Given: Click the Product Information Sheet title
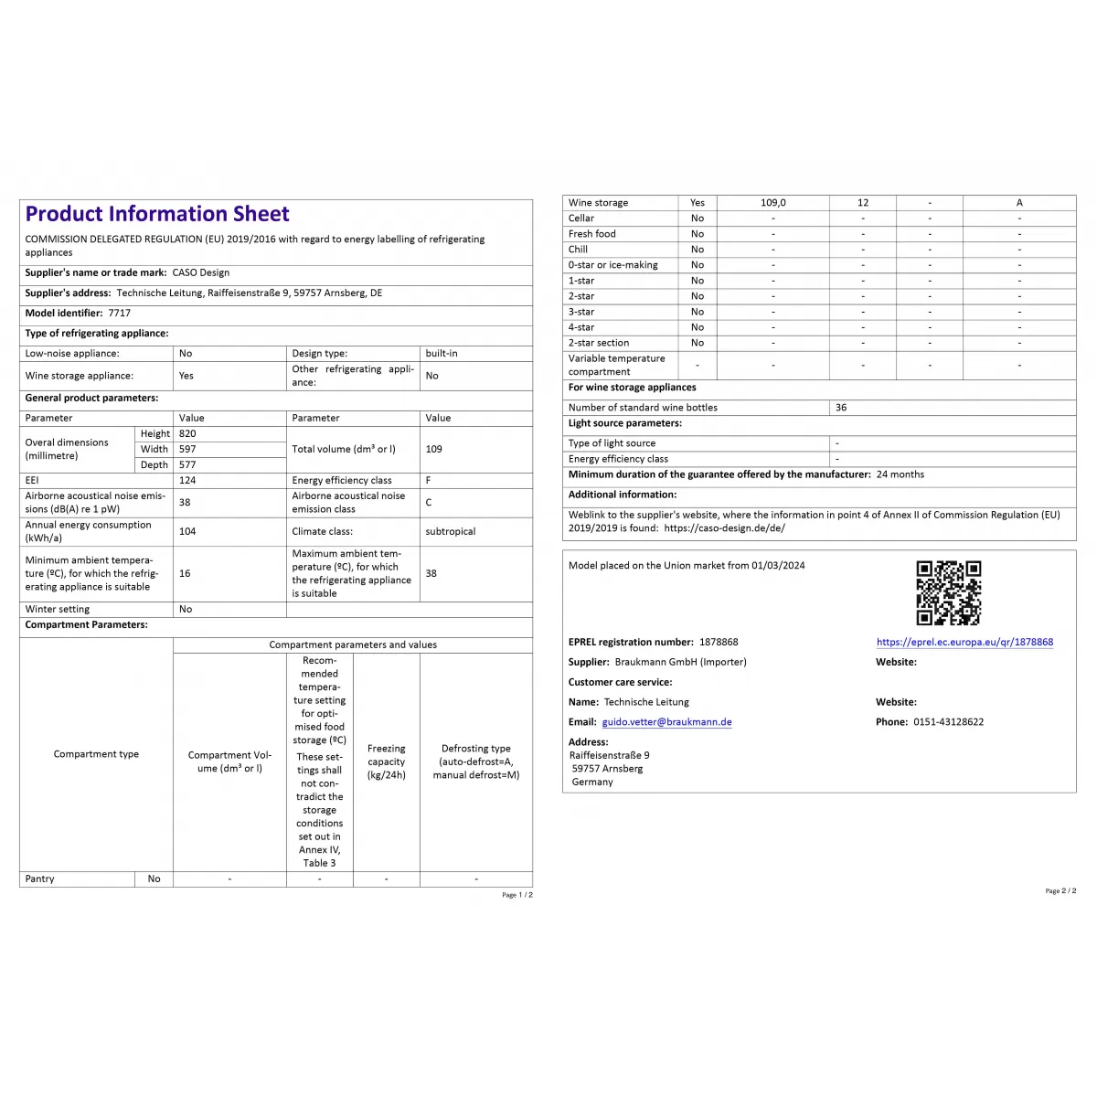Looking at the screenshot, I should coord(157,214).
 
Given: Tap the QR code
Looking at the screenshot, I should coord(949,592).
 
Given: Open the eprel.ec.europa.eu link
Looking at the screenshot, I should coord(964,643).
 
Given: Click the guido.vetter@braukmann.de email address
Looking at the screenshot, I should coord(666,722).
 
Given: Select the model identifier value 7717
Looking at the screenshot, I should coord(120,313).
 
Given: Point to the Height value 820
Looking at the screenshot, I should coord(187,434).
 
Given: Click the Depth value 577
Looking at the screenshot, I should coord(187,465).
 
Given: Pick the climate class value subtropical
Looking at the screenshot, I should coord(450,531).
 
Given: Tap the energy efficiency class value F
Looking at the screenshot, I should coord(429,480).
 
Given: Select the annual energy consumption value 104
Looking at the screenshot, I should coord(187,531).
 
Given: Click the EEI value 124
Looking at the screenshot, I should coord(187,480).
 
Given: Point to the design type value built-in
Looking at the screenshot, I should coord(442,353).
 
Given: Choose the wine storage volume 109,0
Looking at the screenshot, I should coord(772,203).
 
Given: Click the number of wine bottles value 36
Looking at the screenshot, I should coord(841,408).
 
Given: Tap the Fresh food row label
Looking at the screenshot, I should coord(592,234).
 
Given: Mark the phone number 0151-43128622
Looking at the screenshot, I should coord(948,722).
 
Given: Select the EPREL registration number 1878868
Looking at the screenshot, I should coord(719,643).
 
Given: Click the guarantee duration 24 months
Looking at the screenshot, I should coord(900,474).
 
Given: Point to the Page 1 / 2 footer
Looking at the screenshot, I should coord(517,895).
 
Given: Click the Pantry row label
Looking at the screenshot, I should coord(40,879).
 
